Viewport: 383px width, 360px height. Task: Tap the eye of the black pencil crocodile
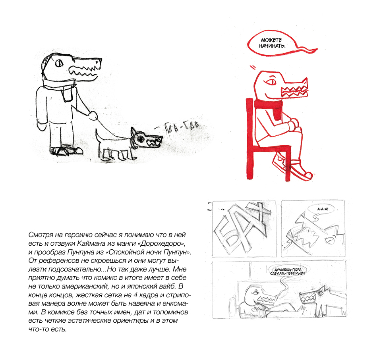[59, 64]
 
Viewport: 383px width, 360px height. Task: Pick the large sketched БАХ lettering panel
[244, 229]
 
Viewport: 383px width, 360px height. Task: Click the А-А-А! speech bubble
[323, 209]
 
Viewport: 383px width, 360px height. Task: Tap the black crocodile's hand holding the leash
[93, 115]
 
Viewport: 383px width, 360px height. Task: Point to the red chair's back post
[250, 139]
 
